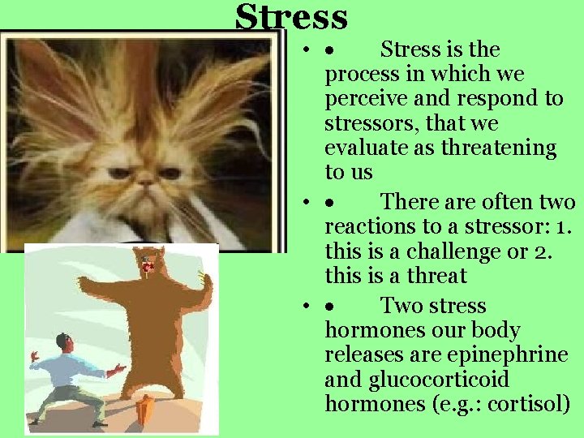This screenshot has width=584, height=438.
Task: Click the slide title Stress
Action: click(x=291, y=17)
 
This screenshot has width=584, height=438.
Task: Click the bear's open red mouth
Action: click(x=146, y=265)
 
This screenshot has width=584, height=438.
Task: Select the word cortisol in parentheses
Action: click(x=532, y=404)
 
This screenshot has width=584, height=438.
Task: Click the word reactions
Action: click(x=366, y=226)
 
